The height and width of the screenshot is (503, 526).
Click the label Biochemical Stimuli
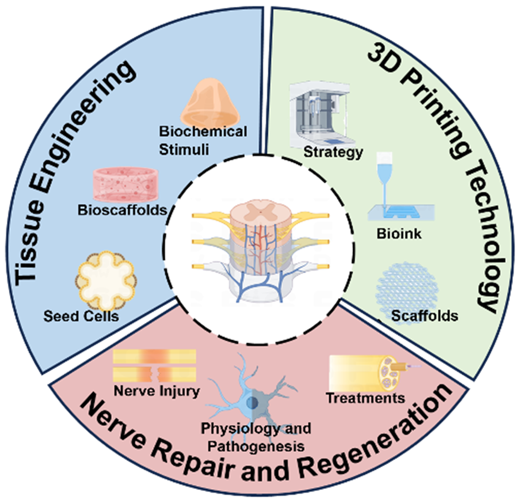pos(203,140)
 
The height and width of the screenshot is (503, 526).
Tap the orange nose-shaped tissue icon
pos(210,101)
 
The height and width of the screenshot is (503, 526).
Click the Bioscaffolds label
pos(122,210)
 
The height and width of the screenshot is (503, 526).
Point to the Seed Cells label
pos(81,316)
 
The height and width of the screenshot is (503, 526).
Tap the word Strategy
pos(333,152)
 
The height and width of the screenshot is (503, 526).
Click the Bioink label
pos(399,233)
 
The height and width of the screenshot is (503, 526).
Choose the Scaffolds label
pos(424,316)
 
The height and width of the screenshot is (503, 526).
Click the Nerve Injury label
pos(157,391)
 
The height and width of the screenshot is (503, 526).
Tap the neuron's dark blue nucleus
pos(252,402)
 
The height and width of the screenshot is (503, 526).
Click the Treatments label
pos(365,398)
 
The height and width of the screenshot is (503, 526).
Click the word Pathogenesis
pos(256,446)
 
